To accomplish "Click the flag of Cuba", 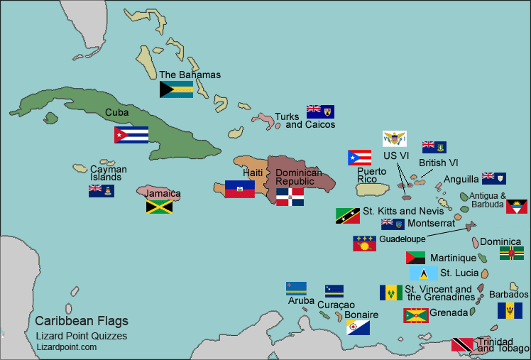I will coord(131,135).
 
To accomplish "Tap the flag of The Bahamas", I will coord(177,89).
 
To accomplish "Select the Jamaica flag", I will coord(160,207).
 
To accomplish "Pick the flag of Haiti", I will coord(240,189).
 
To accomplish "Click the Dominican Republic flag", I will coord(290,197).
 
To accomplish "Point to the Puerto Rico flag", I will coord(360,158).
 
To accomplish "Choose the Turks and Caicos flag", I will coord(320,111).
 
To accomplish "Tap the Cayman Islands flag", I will coord(102,190).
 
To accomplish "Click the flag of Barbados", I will coord(510,310).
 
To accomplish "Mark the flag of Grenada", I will coord(416,315).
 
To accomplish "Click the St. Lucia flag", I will coord(424,273).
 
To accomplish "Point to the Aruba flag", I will coord(296,288).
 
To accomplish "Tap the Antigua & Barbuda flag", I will coord(516,207).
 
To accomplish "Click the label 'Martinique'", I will coord(454,258).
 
